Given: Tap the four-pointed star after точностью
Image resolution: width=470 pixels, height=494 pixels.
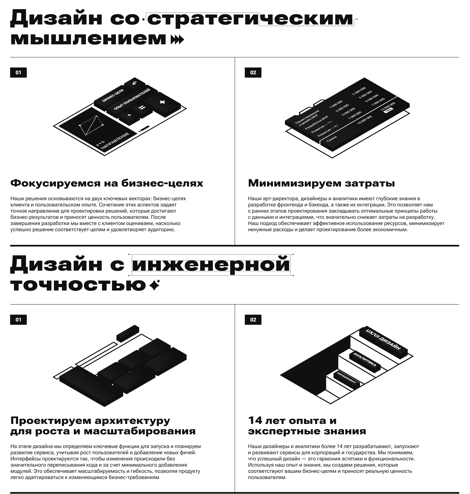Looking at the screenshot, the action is pos(154,285).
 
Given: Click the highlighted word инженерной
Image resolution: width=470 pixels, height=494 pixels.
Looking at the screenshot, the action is pos(211,265).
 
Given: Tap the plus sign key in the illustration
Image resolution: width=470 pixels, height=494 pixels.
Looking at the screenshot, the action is pos(163,102).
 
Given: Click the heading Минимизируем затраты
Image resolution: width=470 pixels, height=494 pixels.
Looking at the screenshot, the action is pos(321,183).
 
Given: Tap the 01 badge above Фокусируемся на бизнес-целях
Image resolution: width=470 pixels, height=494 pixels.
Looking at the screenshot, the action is pos(18,73).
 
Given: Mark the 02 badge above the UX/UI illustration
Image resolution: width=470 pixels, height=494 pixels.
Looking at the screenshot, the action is pos(253,320).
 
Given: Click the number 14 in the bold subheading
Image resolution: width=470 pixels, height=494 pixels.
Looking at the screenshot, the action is pos(256,421).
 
